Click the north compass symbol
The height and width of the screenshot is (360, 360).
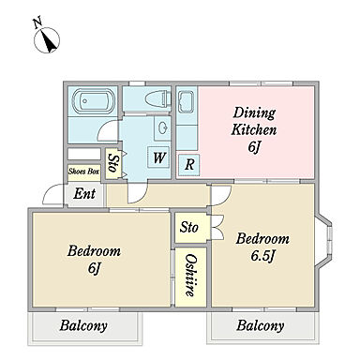[x=47, y=38]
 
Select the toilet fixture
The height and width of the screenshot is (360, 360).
[x=157, y=98]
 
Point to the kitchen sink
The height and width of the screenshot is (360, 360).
[x=187, y=102]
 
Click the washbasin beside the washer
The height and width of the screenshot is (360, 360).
[x=162, y=127]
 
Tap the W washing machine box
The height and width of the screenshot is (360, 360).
[x=158, y=157]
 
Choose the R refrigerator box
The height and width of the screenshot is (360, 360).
[x=188, y=164]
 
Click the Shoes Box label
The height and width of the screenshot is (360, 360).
[x=83, y=172]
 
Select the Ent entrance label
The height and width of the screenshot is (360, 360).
[x=84, y=194]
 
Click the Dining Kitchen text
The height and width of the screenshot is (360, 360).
[x=253, y=121]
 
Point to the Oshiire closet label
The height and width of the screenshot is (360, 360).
[x=190, y=275]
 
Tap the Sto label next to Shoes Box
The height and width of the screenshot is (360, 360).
[x=112, y=163]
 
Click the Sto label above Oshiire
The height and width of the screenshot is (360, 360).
[x=188, y=227]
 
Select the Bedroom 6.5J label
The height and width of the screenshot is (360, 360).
[x=262, y=247]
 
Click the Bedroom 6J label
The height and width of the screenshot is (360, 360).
[x=94, y=260]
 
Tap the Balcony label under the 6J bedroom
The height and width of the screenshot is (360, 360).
[x=83, y=326]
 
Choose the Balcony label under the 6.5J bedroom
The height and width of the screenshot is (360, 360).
[x=260, y=325]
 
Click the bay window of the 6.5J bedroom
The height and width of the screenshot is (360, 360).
[x=323, y=241]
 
